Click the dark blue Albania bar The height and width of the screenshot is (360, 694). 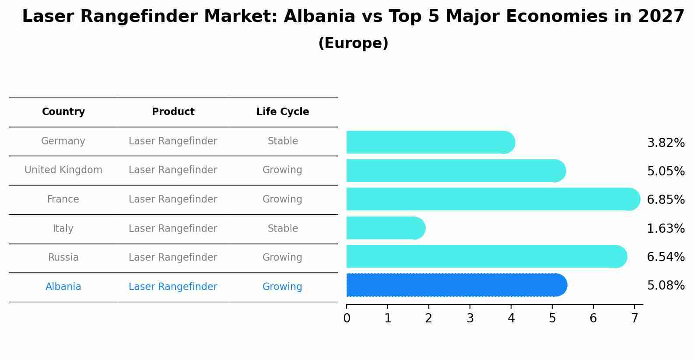coord(455,285)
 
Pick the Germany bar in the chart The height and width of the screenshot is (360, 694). coord(429,142)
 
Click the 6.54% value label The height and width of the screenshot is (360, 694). coord(666,257)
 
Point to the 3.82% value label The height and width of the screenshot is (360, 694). coord(666,143)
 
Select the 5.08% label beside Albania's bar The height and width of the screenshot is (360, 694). coord(666,286)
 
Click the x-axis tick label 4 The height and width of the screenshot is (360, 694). coord(511,318)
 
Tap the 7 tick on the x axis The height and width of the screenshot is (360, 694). coord(634,318)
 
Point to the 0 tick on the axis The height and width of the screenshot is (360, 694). coord(347,318)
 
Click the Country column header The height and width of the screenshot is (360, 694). coord(63,112)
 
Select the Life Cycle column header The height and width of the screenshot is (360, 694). coord(283,112)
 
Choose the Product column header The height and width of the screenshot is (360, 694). coord(173,112)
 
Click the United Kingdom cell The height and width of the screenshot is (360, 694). coord(63,170)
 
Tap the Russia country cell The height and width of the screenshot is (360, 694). coord(63,258)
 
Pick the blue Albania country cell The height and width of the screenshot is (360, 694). coord(63,287)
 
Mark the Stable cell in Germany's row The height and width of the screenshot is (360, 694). coord(283,141)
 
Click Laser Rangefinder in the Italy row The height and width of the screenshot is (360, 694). coord(173,229)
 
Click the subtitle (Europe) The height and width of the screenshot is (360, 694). coord(353,43)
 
